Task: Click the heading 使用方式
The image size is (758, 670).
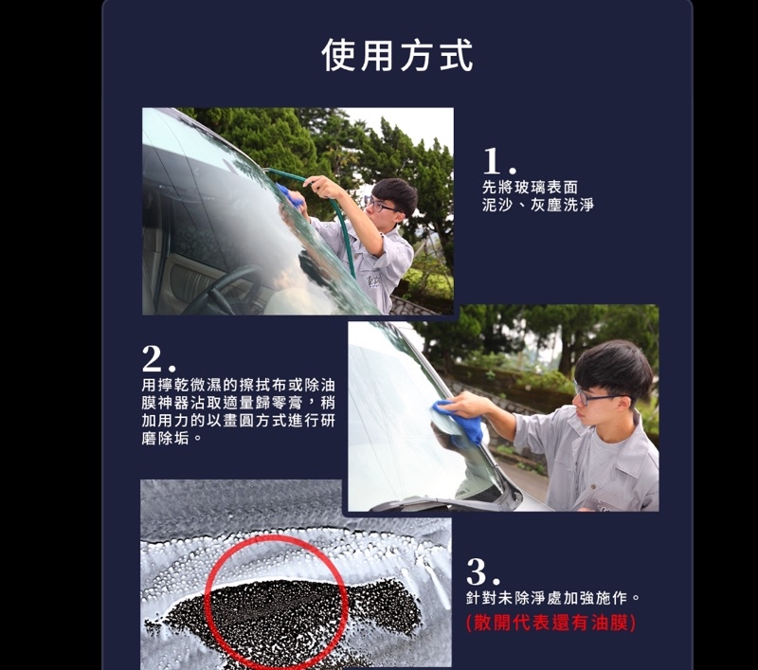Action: [x=397, y=56]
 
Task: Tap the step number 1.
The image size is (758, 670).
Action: [x=499, y=161]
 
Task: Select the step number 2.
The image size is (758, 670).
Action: [x=158, y=358]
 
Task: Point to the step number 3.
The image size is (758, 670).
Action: [x=483, y=571]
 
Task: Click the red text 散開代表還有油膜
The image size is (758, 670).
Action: [x=551, y=623]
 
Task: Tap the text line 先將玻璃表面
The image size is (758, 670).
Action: [x=530, y=187]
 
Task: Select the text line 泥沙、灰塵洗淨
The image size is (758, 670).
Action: [x=537, y=205]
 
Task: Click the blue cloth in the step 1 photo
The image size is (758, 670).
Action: [x=290, y=195]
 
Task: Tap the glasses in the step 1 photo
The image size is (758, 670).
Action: [x=382, y=206]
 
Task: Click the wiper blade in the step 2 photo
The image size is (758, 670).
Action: [x=435, y=504]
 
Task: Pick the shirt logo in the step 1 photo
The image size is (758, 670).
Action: [x=373, y=281]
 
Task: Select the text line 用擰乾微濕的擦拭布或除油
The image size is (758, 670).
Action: [x=239, y=386]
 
